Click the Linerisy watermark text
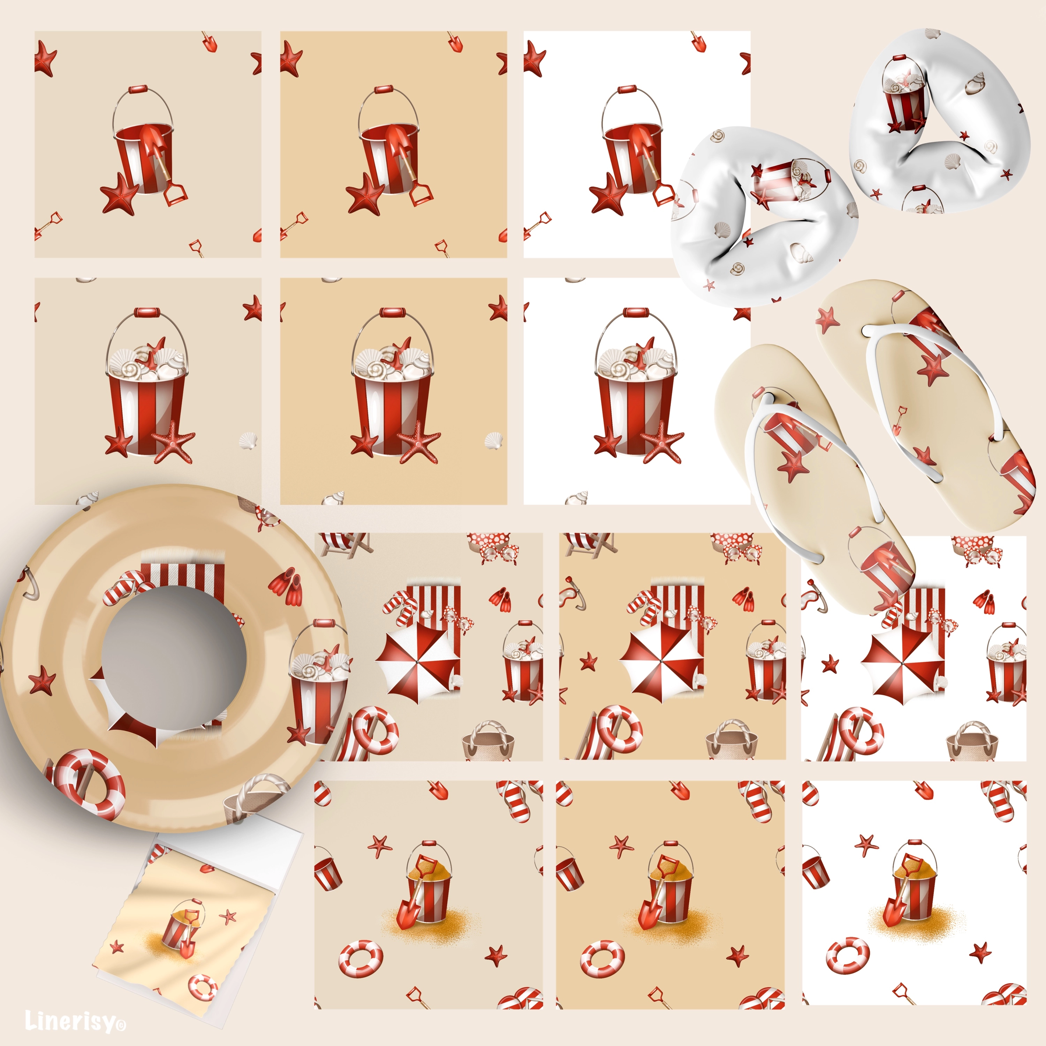(x=76, y=1021)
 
